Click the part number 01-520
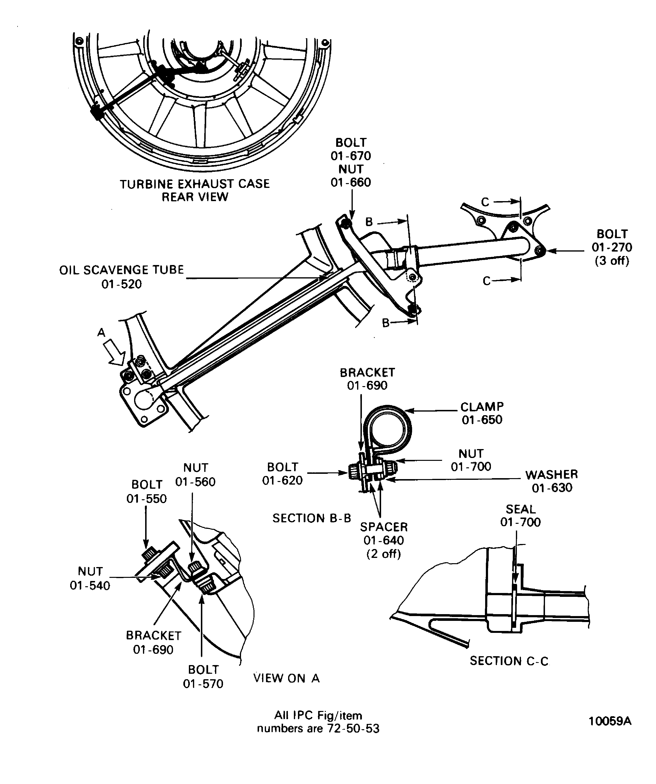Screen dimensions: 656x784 [122, 284]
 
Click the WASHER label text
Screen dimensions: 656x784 [551, 475]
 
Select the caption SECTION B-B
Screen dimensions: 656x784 [312, 518]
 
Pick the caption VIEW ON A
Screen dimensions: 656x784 [286, 678]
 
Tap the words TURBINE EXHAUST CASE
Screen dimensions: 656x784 [195, 184]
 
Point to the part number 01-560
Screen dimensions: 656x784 [195, 482]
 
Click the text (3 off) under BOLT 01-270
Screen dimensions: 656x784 [612, 261]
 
